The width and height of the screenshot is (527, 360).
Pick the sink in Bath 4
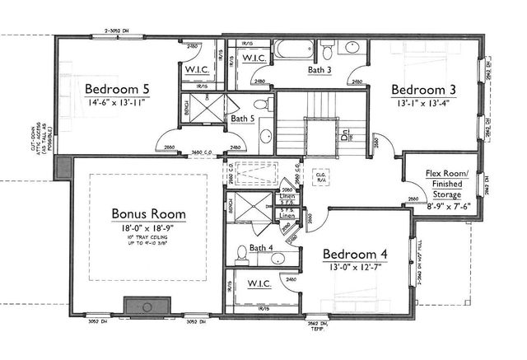point(242,255)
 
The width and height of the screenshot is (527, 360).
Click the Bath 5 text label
point(243,119)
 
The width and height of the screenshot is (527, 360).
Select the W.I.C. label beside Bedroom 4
point(261,283)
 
